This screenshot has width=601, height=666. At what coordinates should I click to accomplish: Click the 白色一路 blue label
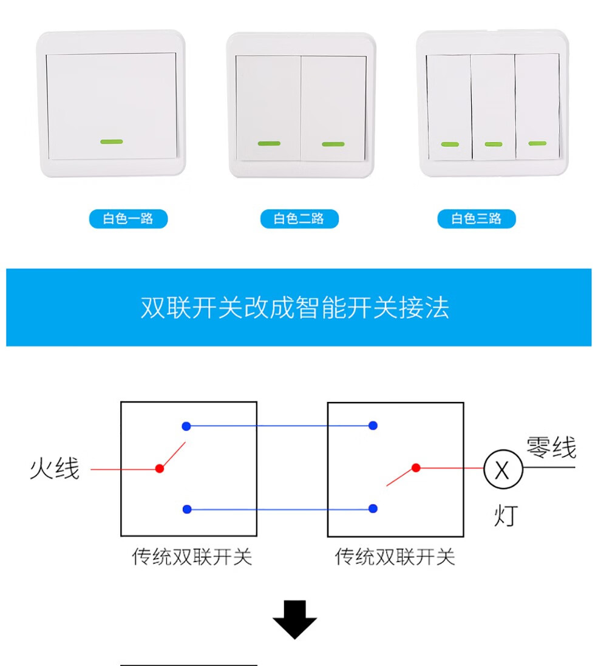[128, 219]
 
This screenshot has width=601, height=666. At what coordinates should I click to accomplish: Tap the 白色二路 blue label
[299, 219]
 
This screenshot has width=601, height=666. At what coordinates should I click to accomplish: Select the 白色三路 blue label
[477, 219]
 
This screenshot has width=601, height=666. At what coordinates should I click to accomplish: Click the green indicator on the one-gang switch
[111, 141]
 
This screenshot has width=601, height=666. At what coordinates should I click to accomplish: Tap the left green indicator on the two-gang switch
[269, 144]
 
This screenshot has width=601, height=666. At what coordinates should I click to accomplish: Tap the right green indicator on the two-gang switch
[333, 144]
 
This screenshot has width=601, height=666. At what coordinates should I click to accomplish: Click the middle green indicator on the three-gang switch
[493, 144]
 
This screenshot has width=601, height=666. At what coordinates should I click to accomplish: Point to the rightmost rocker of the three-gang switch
[537, 106]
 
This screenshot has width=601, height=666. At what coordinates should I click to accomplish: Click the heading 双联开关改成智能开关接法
[295, 308]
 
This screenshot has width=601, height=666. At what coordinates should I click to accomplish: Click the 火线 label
[55, 469]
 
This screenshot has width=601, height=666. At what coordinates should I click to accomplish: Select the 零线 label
[551, 449]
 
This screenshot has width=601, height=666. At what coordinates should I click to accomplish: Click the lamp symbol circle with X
[503, 470]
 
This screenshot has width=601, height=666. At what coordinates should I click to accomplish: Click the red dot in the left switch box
[160, 469]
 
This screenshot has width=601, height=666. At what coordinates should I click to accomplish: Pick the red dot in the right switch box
[416, 467]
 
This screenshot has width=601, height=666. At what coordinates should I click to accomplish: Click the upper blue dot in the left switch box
[186, 426]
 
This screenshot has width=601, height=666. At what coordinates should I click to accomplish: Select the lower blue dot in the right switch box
[373, 509]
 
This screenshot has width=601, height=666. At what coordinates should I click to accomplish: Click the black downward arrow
[295, 619]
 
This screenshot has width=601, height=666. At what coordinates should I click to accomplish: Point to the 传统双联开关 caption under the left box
[192, 557]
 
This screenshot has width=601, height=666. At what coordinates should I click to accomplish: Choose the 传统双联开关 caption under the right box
[395, 557]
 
